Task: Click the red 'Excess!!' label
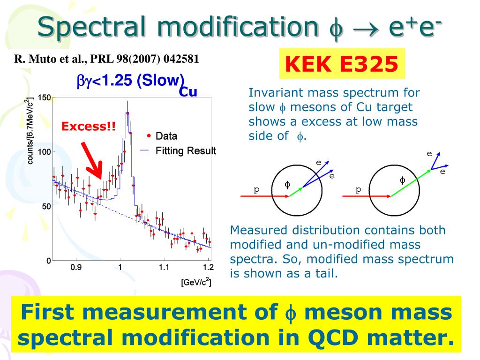click(x=89, y=127)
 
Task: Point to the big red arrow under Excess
click(x=92, y=159)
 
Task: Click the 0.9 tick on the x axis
click(x=76, y=268)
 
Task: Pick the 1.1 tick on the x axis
click(x=164, y=268)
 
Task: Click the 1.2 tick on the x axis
click(x=208, y=268)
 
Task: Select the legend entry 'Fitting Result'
click(x=186, y=151)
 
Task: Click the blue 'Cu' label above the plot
click(x=188, y=91)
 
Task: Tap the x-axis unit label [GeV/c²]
click(x=195, y=282)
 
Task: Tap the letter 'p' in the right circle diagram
click(x=359, y=189)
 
